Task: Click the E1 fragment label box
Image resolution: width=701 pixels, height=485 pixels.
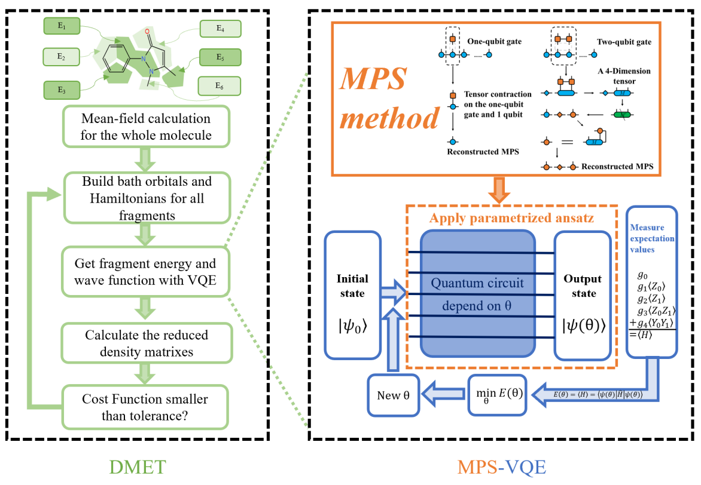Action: coord(62,26)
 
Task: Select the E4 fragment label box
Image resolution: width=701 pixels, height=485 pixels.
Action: coord(220,29)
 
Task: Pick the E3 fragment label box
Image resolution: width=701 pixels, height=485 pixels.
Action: coord(62,90)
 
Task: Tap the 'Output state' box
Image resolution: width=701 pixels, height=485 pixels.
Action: coord(582,295)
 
